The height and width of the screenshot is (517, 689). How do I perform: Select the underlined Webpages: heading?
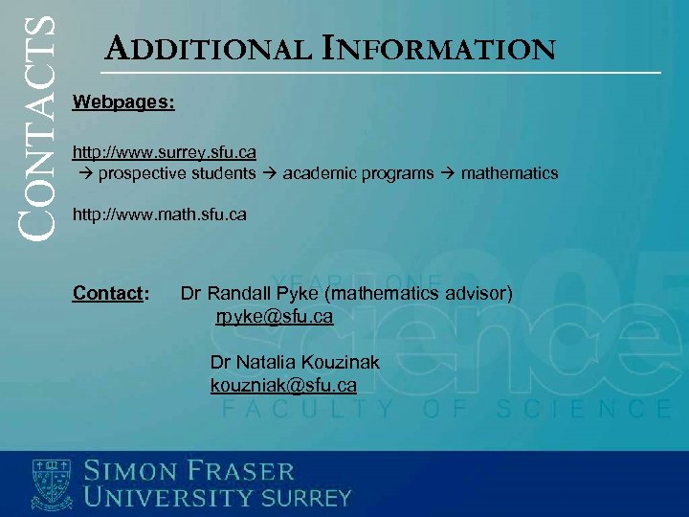pos(123,101)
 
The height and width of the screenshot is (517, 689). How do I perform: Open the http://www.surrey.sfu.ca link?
pos(165,152)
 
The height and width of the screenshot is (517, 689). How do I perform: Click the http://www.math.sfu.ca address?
pos(160,215)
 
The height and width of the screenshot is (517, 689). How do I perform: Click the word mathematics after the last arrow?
pos(509,173)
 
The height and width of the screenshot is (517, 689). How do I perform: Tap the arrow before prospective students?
pos(84,173)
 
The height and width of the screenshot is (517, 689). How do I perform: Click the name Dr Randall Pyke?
pos(248,293)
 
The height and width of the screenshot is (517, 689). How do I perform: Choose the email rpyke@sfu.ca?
pos(274,316)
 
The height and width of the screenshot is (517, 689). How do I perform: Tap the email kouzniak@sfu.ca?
pos(283,385)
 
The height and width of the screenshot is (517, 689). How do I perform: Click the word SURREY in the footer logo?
pos(307,498)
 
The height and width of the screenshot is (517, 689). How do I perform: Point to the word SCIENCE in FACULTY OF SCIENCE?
pos(584,410)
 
